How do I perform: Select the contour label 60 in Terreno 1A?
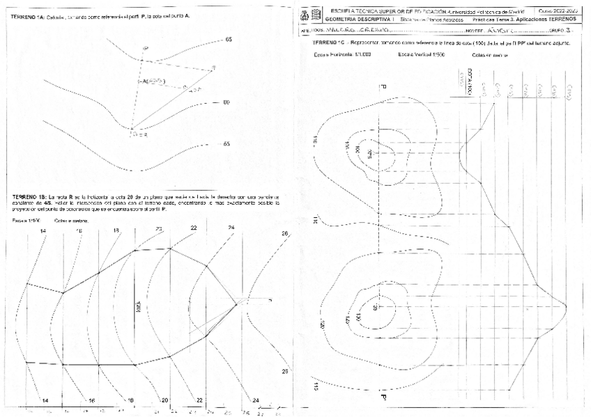tap(226, 102)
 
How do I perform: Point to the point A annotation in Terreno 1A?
tap(151, 81)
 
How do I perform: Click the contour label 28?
tap(284, 371)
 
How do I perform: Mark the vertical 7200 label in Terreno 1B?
tap(138, 307)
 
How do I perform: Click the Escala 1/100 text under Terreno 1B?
tap(24, 221)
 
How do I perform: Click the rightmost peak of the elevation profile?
tap(565, 306)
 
